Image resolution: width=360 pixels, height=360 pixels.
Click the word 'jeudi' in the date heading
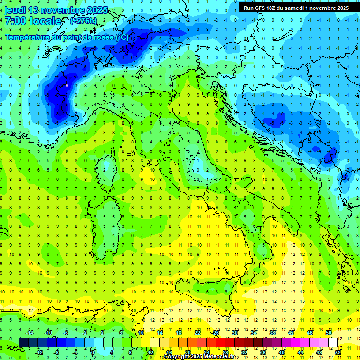pos(15,10)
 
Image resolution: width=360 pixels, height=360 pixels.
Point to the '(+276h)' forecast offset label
pos(84,21)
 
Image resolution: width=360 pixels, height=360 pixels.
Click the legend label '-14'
pos(29,333)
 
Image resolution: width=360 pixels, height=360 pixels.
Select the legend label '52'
pos(338,352)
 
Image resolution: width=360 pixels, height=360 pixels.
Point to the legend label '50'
pos(329,333)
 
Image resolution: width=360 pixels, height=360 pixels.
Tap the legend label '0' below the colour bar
pos(93,352)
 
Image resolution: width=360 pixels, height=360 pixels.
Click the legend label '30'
pos(235,333)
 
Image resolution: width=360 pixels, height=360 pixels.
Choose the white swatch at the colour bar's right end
pos(333,343)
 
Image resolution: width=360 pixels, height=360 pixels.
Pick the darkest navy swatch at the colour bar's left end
pos(23,343)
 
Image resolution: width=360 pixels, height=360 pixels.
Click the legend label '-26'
pos(215,333)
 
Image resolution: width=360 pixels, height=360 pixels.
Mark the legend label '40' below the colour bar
pos(282,352)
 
